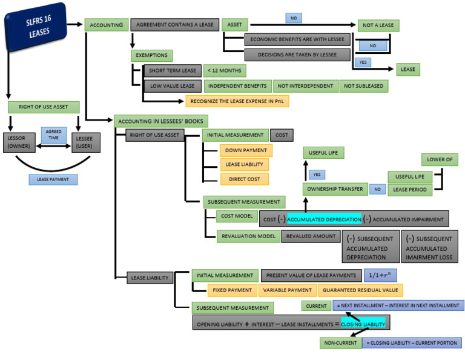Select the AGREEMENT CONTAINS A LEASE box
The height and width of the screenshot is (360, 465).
pos(175,25)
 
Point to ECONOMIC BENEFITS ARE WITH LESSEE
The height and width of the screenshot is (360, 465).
pos(297,39)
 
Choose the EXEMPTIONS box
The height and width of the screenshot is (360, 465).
pos(153,55)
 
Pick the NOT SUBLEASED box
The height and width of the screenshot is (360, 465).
pos(363,85)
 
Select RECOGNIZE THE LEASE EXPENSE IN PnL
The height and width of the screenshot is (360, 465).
pos(237,101)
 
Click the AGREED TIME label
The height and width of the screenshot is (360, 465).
pos(53,135)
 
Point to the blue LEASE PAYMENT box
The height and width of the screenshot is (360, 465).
pos(53,179)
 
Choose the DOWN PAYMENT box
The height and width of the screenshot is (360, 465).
pos(238,150)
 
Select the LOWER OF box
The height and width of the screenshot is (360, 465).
pos(439,160)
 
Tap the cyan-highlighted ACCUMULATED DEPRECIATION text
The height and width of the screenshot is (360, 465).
pos(324,219)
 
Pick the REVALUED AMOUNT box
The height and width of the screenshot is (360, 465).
pos(311,236)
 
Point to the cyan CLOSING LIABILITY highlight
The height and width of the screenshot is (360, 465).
pos(363,324)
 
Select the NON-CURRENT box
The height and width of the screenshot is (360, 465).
pos(340,343)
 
